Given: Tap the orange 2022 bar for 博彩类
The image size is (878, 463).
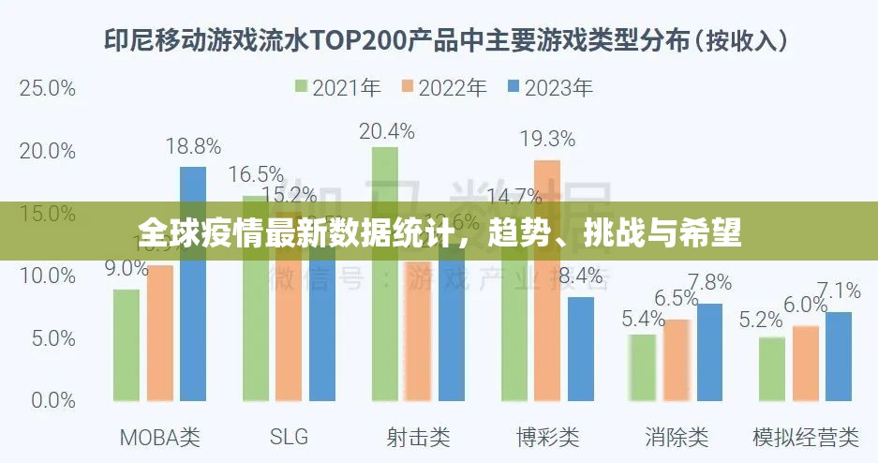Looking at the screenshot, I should [x=546, y=280].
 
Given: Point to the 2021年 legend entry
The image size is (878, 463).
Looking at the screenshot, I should [x=337, y=88].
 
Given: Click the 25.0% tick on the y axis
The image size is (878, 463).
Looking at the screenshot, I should [x=47, y=88].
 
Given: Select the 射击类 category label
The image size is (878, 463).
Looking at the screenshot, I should [x=418, y=437].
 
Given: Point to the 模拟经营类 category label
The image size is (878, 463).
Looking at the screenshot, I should [x=806, y=437].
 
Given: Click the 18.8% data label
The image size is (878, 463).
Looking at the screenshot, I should [x=193, y=146].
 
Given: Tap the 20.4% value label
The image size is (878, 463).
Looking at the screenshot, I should [x=386, y=131].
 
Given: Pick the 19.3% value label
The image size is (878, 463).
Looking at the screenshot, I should [x=547, y=140].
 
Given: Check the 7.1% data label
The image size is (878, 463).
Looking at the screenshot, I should [x=839, y=290].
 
